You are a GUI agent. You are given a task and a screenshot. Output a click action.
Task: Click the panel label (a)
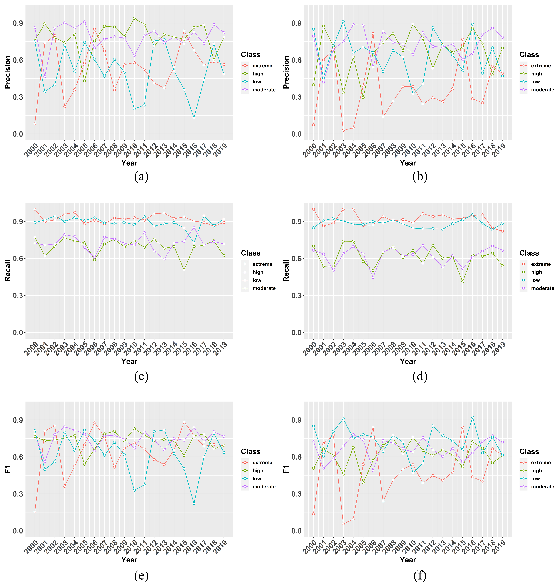(141, 177)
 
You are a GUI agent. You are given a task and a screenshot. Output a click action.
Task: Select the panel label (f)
(420, 575)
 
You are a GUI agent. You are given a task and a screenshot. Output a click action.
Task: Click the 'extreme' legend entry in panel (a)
(262, 66)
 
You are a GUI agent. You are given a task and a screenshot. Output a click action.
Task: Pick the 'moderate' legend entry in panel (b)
(542, 90)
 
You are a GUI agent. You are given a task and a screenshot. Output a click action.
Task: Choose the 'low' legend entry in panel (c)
(257, 280)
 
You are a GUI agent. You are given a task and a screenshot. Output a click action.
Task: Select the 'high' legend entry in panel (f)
(536, 471)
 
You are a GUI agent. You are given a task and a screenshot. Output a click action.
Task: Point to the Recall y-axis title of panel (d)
(286, 271)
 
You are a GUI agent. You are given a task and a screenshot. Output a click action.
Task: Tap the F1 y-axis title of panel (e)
(7, 469)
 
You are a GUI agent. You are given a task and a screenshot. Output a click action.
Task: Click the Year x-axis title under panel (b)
(408, 163)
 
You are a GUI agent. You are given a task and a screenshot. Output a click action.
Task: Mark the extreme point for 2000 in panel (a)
(35, 124)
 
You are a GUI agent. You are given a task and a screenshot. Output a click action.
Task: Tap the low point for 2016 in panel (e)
(194, 504)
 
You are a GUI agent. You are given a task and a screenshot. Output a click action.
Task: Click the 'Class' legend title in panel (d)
(529, 253)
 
